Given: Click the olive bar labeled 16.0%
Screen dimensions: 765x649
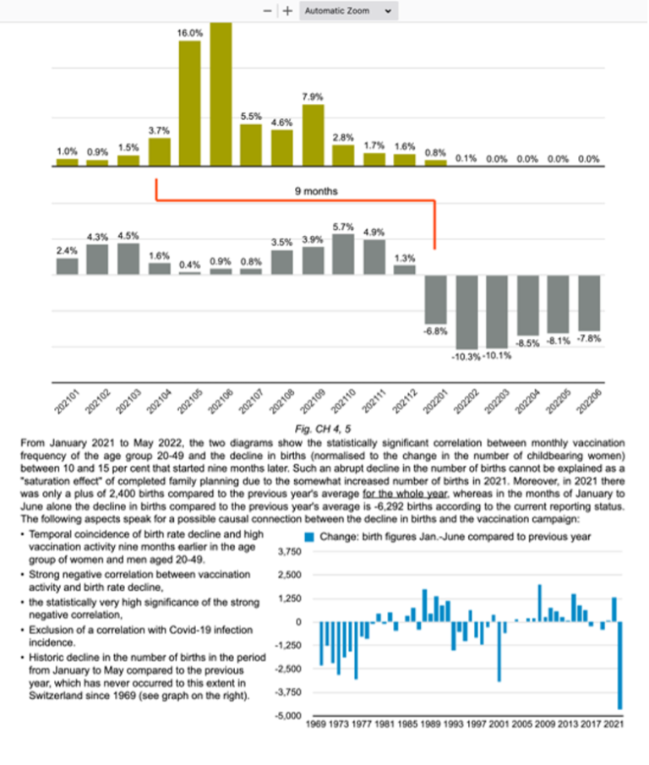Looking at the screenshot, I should click(189, 101).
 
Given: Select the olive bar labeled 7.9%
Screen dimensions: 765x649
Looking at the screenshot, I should click(313, 134).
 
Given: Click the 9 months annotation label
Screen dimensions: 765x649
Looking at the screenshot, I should click(316, 192).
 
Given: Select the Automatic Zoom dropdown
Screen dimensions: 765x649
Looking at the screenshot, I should click(348, 11).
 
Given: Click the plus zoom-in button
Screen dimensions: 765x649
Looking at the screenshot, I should click(288, 11).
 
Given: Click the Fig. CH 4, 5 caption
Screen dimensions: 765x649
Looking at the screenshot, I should click(324, 429).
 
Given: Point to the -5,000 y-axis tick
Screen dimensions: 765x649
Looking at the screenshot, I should click(290, 716).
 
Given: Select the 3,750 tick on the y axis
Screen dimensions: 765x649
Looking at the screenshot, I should click(290, 551).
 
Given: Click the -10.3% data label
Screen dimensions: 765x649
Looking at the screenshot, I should click(466, 355).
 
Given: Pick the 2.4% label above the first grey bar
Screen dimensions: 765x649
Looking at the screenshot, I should click(67, 250).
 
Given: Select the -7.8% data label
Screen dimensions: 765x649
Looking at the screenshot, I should click(588, 339).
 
